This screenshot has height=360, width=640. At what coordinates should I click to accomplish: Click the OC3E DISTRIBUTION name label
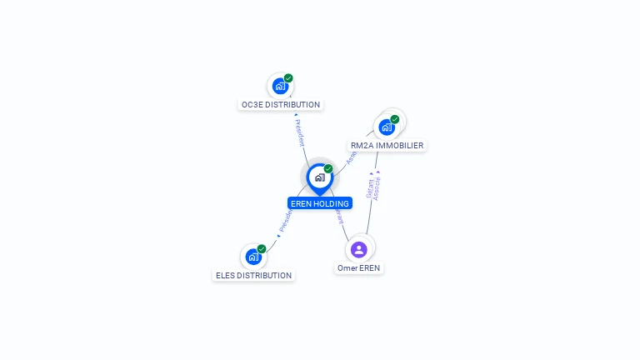[x=280, y=105]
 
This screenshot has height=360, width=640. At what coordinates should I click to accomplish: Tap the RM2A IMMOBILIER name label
[x=387, y=146]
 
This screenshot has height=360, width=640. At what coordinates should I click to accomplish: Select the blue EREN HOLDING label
[x=320, y=203]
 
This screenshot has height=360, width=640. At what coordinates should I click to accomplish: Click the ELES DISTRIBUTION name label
[x=254, y=276]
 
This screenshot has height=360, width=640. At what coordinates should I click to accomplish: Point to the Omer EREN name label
[x=359, y=268]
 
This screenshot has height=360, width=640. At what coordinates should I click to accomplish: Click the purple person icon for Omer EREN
[x=359, y=249]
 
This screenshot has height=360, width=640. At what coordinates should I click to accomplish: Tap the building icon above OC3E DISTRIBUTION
[x=280, y=86]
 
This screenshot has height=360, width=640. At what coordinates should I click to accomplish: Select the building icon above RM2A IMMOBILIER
[x=386, y=127]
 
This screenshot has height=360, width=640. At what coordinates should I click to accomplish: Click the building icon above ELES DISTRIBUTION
[x=253, y=257]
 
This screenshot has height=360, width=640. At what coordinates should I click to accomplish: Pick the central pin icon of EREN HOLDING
[x=319, y=177]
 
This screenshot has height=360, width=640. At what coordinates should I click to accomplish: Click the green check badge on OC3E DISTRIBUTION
[x=288, y=78]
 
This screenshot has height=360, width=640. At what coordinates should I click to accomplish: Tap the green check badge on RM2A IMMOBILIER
[x=394, y=119]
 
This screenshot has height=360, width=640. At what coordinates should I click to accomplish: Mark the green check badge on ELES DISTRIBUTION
[x=262, y=249]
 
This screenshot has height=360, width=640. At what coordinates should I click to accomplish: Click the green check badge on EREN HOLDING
[x=328, y=169]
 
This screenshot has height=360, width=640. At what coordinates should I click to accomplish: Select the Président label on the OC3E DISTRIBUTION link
[x=300, y=132]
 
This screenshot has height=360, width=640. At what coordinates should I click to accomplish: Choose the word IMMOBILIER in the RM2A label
[x=399, y=146]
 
